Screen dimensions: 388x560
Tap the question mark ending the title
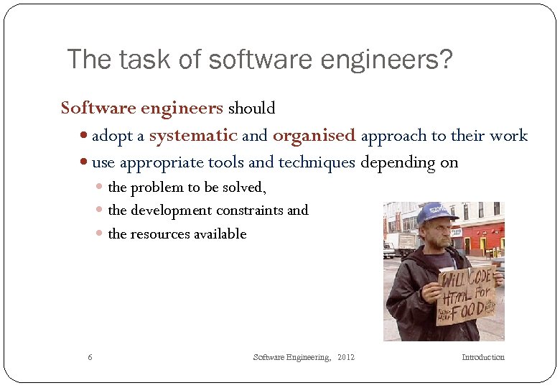[x=445, y=60]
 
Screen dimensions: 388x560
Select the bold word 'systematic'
[x=193, y=135]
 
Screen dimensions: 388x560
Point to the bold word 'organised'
[x=314, y=135]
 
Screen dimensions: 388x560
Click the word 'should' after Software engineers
[x=251, y=108]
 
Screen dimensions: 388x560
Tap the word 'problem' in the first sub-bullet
[x=157, y=188]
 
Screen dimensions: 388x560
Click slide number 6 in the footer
[x=89, y=357]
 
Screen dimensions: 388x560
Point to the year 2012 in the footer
[x=345, y=357]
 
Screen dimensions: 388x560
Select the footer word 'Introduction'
[x=482, y=357]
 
